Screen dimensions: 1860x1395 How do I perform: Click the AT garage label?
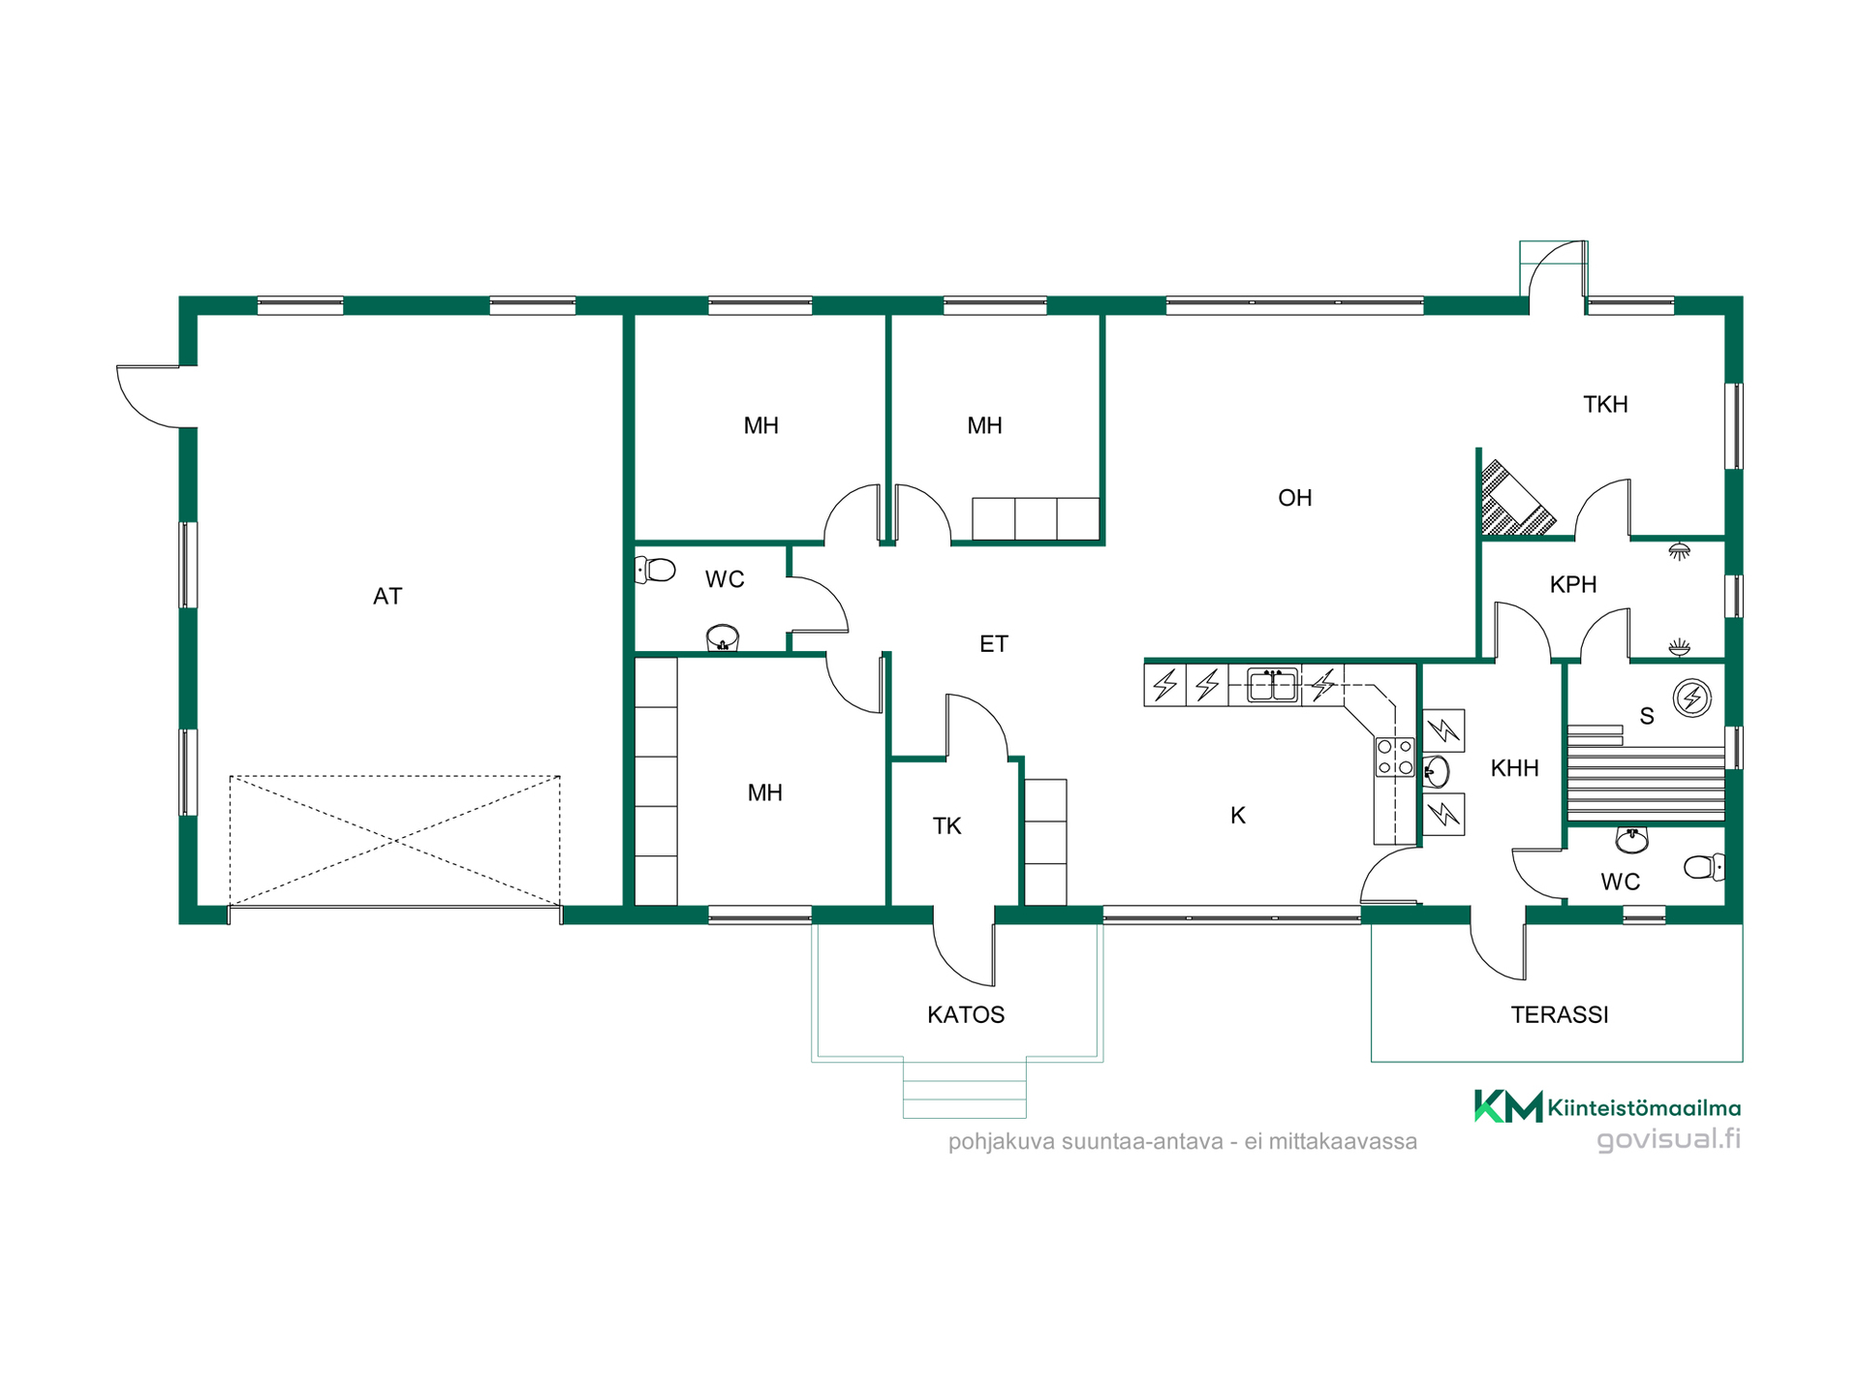pyautogui.click(x=387, y=597)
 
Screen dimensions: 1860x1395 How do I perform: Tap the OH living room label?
pyautogui.click(x=1295, y=498)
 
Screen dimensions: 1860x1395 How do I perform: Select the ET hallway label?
pyautogui.click(x=994, y=644)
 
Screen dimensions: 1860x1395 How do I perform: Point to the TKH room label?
pyautogui.click(x=1605, y=405)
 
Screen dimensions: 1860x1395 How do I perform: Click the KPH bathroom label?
pyautogui.click(x=1573, y=585)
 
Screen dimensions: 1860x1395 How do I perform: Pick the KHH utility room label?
pyautogui.click(x=1515, y=769)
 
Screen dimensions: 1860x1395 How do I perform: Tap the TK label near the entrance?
pyautogui.click(x=946, y=826)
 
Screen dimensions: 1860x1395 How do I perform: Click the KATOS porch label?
pyautogui.click(x=966, y=1015)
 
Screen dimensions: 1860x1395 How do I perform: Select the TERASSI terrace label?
pyautogui.click(x=1560, y=1015)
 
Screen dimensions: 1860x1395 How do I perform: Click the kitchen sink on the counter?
pyautogui.click(x=1272, y=684)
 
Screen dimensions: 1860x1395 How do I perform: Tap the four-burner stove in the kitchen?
pyautogui.click(x=1395, y=758)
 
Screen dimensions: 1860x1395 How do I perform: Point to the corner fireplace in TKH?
pyautogui.click(x=1511, y=499)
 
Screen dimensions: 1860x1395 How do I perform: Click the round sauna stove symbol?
pyautogui.click(x=1692, y=697)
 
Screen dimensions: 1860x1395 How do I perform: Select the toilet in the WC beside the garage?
pyautogui.click(x=656, y=570)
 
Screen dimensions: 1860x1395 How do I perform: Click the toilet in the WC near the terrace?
pyautogui.click(x=1705, y=867)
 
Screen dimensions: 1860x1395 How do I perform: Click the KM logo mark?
pyautogui.click(x=1508, y=1105)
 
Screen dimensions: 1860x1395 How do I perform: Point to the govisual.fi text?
pyautogui.click(x=1668, y=1138)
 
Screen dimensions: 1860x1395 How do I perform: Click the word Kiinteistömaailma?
pyautogui.click(x=1644, y=1107)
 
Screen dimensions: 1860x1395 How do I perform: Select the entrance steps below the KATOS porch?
pyautogui.click(x=965, y=1089)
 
